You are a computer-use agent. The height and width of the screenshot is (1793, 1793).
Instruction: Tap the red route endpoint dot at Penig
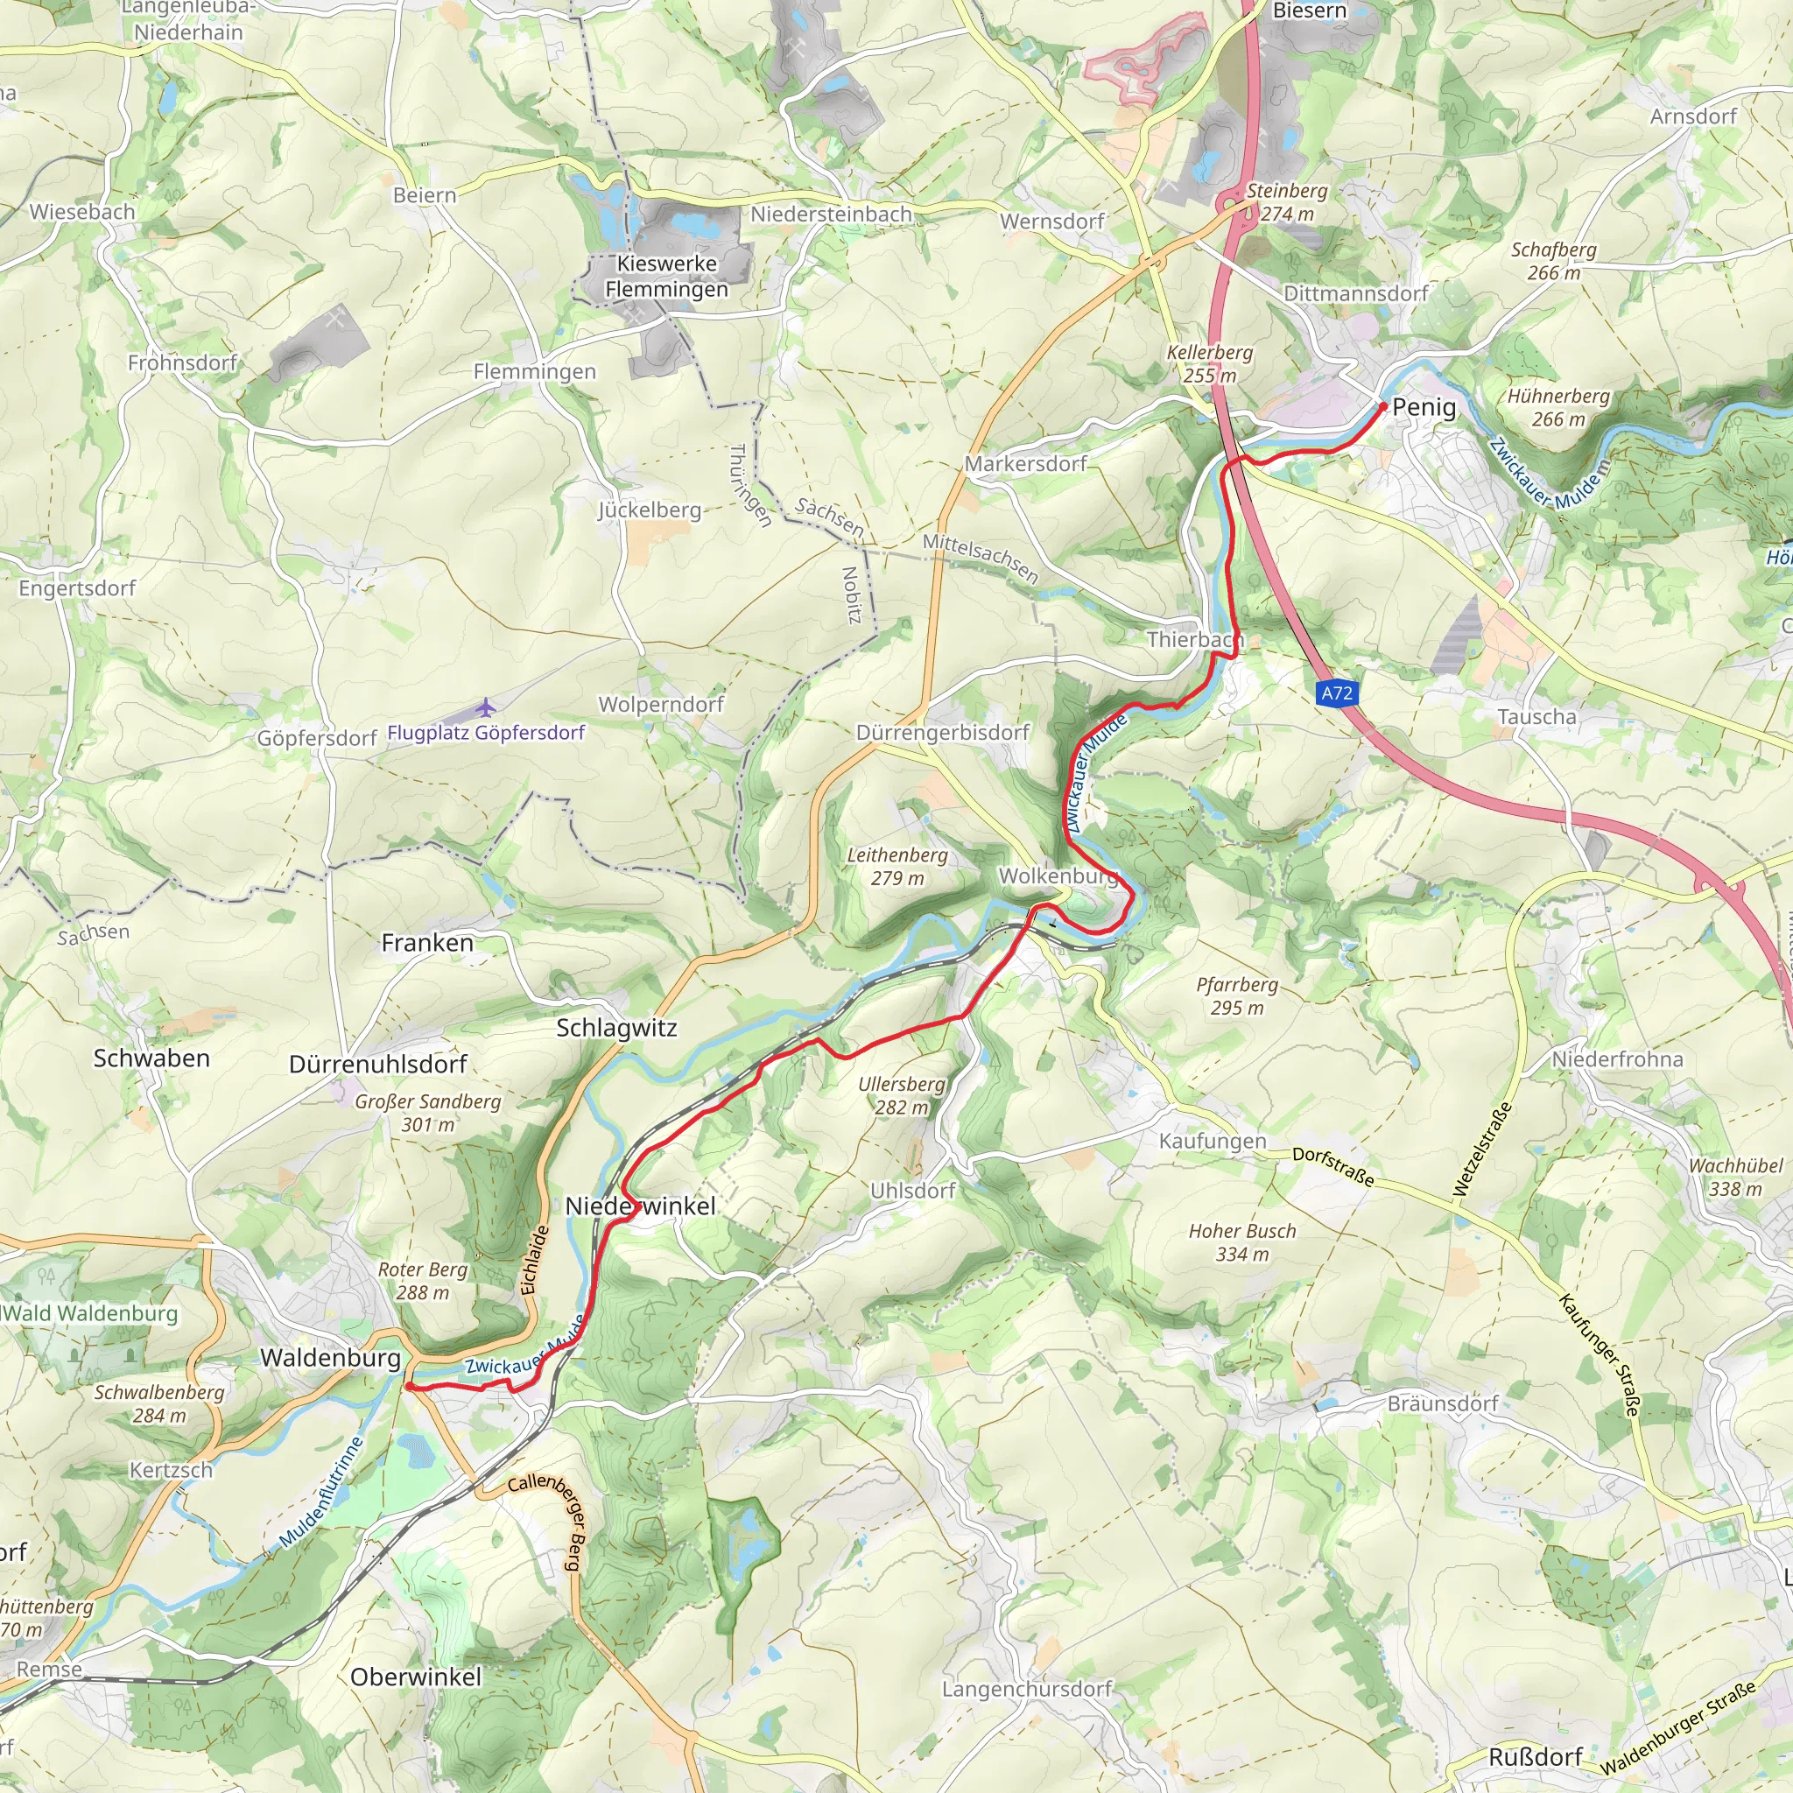click(x=1382, y=406)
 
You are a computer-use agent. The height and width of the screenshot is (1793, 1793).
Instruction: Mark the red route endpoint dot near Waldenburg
click(x=407, y=1387)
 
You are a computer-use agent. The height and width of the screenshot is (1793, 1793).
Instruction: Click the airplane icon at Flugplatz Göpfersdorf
click(x=485, y=709)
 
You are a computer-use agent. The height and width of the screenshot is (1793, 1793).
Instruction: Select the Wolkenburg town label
click(x=1058, y=876)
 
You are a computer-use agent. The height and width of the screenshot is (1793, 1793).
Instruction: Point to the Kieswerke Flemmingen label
click(x=666, y=277)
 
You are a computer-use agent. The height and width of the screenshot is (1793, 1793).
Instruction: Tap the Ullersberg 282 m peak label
click(x=901, y=1096)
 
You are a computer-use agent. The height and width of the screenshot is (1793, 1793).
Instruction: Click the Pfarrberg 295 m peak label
click(x=1237, y=995)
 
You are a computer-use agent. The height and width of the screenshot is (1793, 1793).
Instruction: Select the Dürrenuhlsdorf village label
click(x=377, y=1065)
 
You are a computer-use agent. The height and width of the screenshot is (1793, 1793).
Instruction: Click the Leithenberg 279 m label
click(x=897, y=867)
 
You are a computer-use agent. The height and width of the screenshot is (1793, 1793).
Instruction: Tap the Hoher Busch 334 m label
click(x=1241, y=1242)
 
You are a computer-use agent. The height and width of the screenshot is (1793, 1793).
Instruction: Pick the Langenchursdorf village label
click(x=1026, y=1689)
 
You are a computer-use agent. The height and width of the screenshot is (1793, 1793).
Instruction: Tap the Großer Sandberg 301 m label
click(x=428, y=1113)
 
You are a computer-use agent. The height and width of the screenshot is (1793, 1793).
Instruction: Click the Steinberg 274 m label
click(x=1286, y=202)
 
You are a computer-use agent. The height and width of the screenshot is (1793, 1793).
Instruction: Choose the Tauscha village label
click(x=1536, y=717)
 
